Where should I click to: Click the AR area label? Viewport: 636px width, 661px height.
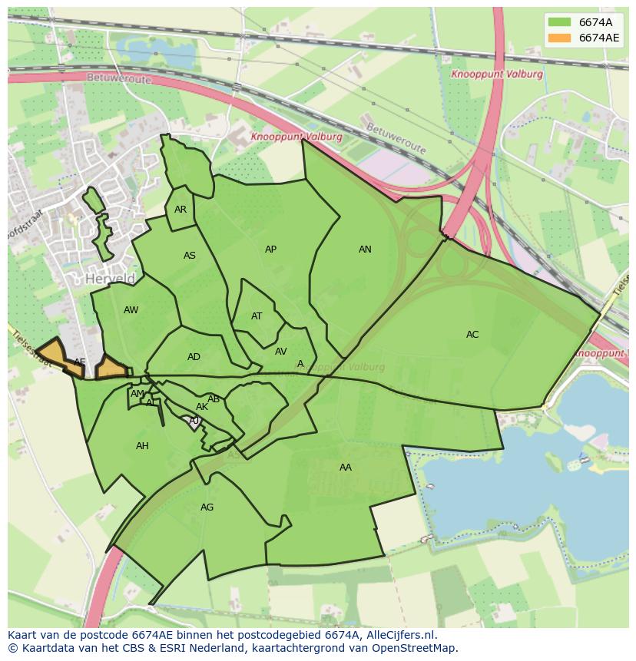[x=181, y=210]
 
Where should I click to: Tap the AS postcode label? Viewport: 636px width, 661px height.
[x=190, y=256]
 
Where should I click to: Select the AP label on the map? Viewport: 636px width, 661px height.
[x=270, y=250]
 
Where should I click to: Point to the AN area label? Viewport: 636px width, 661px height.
[x=365, y=250]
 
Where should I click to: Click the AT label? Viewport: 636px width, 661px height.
[x=257, y=316]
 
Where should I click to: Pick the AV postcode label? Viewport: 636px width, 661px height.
[x=280, y=352]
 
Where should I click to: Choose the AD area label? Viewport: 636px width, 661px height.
[x=194, y=357]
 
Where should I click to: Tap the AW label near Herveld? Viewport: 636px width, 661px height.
[x=131, y=310]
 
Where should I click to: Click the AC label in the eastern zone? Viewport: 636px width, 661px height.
[x=472, y=335]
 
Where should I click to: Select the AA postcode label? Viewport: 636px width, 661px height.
[x=346, y=467]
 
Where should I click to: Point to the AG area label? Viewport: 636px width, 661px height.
[x=207, y=507]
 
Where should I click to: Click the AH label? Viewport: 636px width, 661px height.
[x=142, y=446]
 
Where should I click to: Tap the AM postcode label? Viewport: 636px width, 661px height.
[x=137, y=394]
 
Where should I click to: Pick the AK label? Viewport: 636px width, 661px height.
[x=202, y=407]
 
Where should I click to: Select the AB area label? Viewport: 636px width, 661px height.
[x=214, y=399]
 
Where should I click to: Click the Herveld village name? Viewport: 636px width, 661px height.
[x=111, y=279]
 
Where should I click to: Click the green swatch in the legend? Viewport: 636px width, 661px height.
[x=559, y=21]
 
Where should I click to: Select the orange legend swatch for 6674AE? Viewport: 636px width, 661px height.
[x=559, y=38]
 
